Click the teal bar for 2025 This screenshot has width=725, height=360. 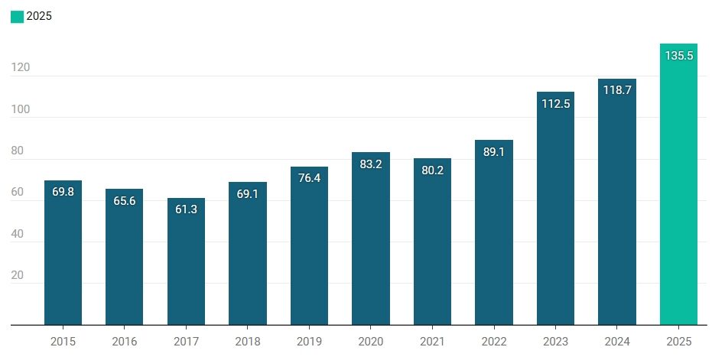pos(678,184)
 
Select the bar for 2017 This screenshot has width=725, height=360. pos(186,261)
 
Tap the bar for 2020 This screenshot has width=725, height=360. pos(371,238)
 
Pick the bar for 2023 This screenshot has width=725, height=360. pos(555,209)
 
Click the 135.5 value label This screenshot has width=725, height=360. pos(679,56)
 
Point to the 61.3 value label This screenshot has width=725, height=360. pos(187,209)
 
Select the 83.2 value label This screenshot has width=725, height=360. pos(371,164)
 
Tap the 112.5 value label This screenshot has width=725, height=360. pos(556,104)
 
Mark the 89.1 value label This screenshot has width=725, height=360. pos(494,152)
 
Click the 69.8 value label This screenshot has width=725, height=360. pos(63,192)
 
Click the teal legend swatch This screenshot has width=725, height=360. pos(17,17)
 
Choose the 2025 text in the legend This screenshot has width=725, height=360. pos(39,17)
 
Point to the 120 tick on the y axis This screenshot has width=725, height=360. pos(21,67)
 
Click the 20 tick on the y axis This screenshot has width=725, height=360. pos(17,275)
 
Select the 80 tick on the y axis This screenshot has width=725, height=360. pos(17,151)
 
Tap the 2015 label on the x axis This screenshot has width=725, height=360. pos(63,342)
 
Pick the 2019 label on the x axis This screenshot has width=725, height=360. pos(309,342)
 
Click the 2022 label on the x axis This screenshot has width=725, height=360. pos(494,342)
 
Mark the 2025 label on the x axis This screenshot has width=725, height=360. pos(679,342)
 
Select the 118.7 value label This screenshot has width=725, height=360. pos(617,91)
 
